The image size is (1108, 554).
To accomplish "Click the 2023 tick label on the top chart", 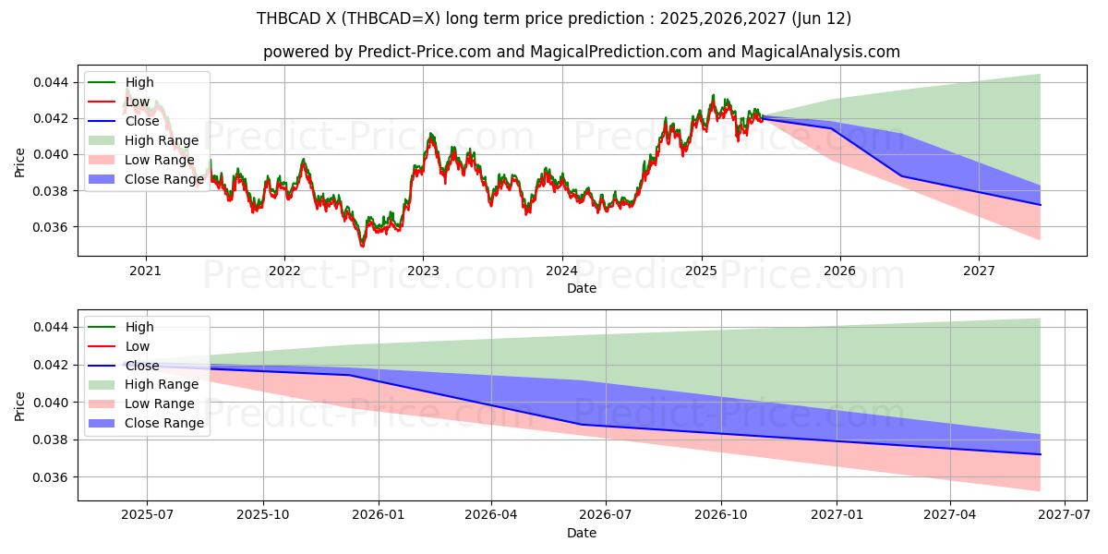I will coord(423,271).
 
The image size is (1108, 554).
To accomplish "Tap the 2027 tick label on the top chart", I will coord(979,271).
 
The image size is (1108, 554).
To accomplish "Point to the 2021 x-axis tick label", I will coord(145,271).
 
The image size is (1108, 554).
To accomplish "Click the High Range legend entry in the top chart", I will coord(162,140).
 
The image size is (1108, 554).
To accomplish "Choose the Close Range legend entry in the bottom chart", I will coord(164,423).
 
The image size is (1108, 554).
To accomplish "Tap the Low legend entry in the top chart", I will coord(138,102).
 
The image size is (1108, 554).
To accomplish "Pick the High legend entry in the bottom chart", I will coord(139,327).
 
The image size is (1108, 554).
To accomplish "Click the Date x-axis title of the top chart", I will coord(582,288).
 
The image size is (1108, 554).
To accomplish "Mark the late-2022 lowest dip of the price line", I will coord(362,246).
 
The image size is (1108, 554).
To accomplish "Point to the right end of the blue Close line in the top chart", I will coord(1040,205).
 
